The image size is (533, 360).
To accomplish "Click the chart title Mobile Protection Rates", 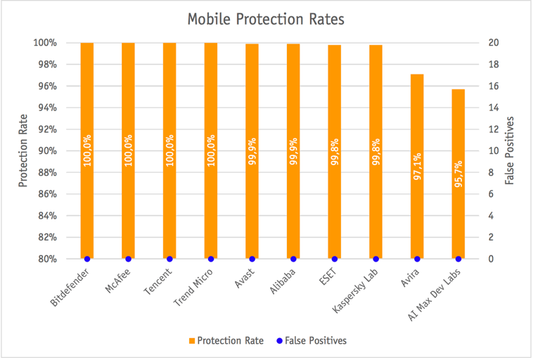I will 266,19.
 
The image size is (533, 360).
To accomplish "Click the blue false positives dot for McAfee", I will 128,259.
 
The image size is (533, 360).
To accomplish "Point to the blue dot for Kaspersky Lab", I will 375,259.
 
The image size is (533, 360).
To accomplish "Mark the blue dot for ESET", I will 335,259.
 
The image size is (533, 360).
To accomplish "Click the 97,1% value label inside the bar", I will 417,166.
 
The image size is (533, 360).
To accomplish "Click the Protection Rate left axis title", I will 23,150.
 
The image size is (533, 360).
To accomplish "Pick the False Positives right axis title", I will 510,150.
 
